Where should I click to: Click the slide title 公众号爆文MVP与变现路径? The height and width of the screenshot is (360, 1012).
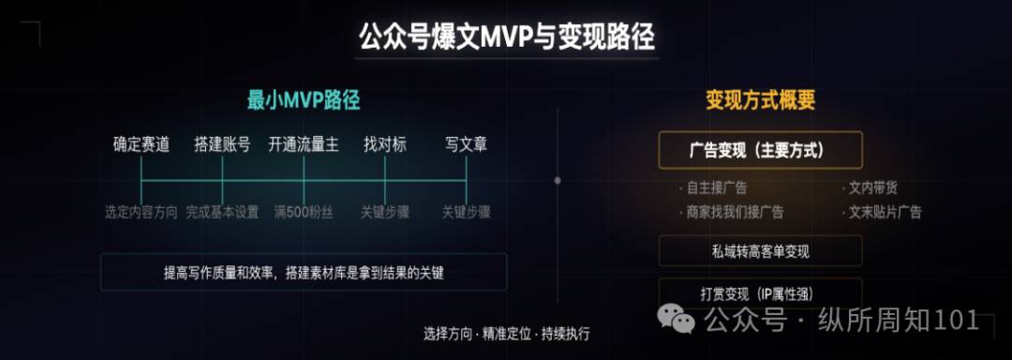coord(507,37)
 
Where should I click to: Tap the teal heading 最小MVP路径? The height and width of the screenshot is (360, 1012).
coord(304,100)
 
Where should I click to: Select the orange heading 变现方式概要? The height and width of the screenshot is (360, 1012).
coord(760,100)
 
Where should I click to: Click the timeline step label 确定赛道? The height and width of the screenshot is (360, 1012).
coord(141,144)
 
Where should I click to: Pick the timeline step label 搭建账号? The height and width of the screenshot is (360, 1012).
coord(222,144)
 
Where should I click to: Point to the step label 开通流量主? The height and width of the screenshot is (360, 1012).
coord(304,144)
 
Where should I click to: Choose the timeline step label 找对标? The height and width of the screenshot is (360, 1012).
coord(385,144)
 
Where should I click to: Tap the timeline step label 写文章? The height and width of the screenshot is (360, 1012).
coord(466,144)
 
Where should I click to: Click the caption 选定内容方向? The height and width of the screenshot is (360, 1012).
coord(141,212)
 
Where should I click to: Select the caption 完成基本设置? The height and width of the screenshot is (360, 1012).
coord(222,212)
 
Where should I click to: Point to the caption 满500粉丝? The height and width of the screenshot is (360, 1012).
coord(304,212)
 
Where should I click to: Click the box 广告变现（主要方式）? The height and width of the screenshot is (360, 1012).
coord(760,150)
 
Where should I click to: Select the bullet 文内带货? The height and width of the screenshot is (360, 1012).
coord(870,188)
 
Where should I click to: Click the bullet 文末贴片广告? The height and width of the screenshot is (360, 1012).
coord(882,212)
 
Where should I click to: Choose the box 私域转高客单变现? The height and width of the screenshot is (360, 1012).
coord(760,251)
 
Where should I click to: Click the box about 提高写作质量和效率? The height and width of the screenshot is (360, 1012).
coord(304,272)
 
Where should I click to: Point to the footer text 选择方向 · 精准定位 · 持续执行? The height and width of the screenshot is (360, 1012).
coord(507,334)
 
